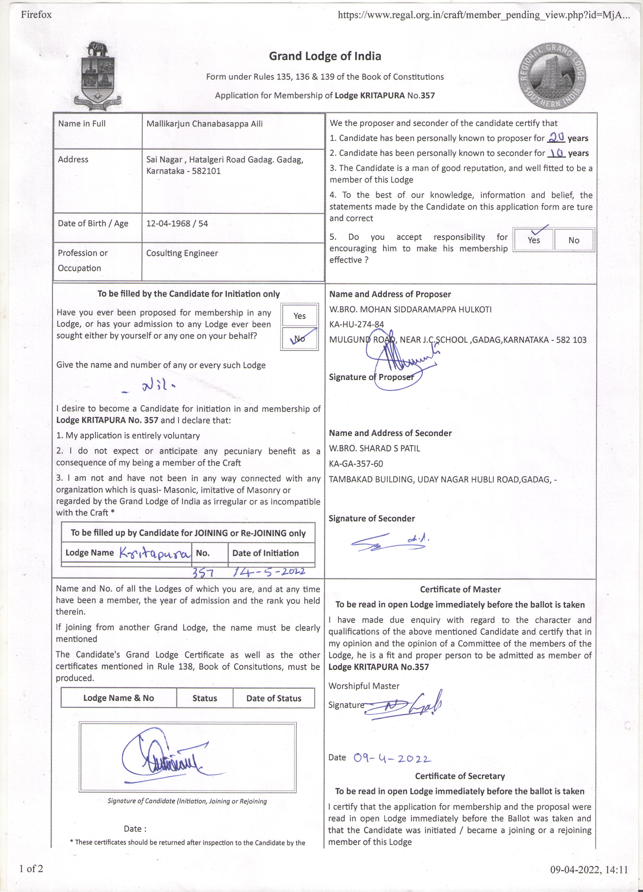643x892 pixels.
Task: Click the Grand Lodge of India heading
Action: pos(325,56)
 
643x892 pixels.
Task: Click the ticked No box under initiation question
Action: pos(300,339)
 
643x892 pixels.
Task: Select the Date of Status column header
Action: pos(274,698)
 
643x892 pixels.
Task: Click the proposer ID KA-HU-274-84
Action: pos(356,325)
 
